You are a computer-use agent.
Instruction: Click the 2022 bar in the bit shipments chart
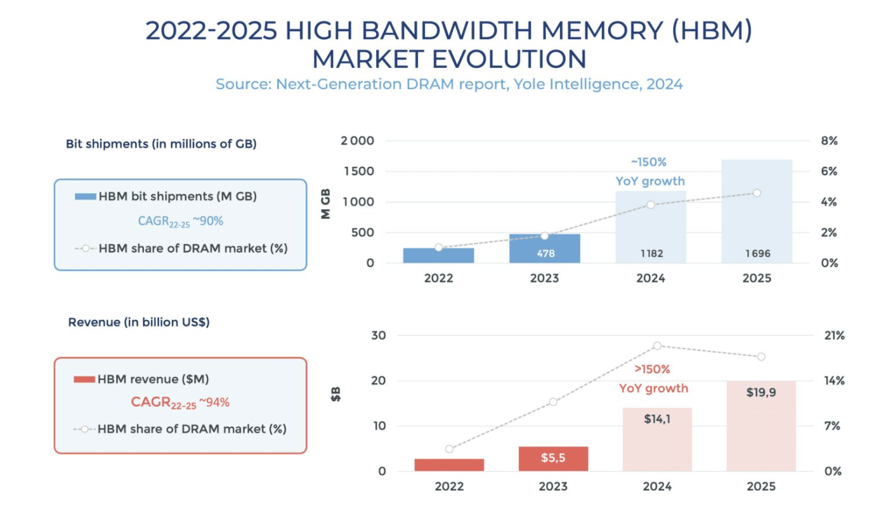[x=438, y=256]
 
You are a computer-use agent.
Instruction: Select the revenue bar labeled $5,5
[x=553, y=458]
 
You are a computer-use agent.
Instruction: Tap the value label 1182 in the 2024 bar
[x=651, y=254]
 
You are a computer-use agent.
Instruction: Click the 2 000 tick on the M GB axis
[x=357, y=141]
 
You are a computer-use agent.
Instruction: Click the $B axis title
[x=336, y=395]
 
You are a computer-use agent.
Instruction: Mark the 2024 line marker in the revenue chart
[x=658, y=346]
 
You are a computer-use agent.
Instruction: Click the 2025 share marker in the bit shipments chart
[x=757, y=193]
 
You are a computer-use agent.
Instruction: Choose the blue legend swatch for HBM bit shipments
[x=85, y=197]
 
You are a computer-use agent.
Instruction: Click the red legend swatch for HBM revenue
[x=84, y=380]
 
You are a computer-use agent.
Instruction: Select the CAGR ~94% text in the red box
[x=180, y=402]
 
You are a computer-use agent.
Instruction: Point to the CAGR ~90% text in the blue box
[x=181, y=221]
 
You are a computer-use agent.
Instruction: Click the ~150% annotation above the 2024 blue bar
[x=648, y=162]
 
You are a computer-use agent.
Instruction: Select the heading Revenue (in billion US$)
[x=139, y=322]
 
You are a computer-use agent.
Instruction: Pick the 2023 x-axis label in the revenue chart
[x=553, y=487]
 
